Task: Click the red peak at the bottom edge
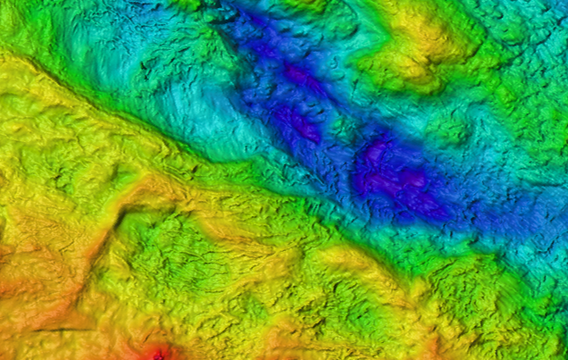click(158, 355)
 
